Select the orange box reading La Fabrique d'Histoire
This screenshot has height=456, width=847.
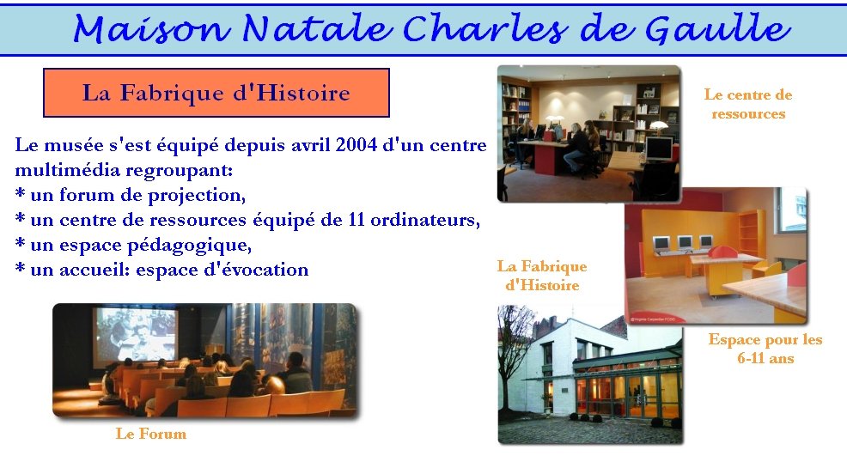tap(216, 93)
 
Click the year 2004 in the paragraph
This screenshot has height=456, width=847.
tap(356, 145)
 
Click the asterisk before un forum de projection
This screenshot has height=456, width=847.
tap(21, 193)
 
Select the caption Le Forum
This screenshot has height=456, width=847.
tap(150, 434)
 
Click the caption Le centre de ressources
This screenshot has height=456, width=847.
tap(748, 104)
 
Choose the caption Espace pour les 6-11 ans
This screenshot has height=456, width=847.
tap(765, 349)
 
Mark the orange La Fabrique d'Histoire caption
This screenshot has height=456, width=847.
tap(542, 276)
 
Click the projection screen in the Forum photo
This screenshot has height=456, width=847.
tap(135, 334)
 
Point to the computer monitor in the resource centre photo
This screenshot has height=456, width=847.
tap(659, 148)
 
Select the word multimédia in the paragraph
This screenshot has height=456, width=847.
tap(67, 170)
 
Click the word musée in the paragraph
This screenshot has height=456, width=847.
tap(75, 145)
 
